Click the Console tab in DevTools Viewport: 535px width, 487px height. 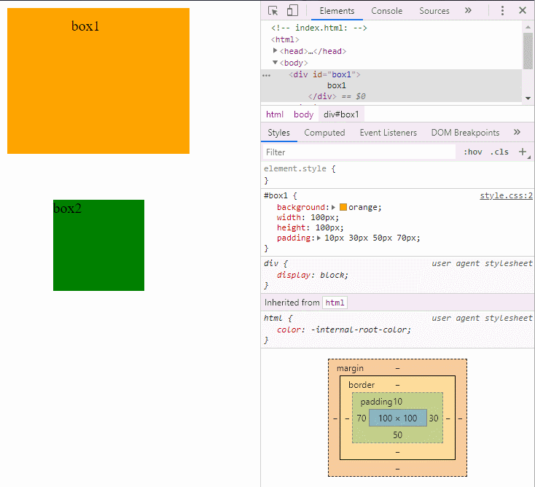click(386, 11)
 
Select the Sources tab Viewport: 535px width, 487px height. click(434, 11)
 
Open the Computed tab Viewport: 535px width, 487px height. click(324, 133)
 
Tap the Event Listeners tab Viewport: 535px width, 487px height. click(388, 133)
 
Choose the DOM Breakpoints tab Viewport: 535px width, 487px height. click(465, 133)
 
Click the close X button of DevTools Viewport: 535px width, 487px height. click(523, 11)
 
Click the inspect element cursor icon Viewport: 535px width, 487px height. click(273, 11)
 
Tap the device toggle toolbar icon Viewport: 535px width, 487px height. click(292, 10)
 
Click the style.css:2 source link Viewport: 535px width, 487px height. click(506, 195)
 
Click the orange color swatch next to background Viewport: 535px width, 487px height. click(343, 207)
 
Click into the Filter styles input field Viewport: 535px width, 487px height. click(359, 152)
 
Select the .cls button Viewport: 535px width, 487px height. click(499, 152)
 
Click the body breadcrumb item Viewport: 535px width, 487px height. click(303, 114)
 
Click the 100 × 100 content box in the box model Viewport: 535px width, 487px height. click(398, 418)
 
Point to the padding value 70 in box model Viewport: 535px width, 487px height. click(362, 418)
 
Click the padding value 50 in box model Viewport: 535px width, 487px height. click(397, 435)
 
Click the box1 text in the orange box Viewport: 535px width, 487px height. click(85, 26)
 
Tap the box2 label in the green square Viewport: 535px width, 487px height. click(67, 209)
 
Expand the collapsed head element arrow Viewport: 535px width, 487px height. click(275, 51)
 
